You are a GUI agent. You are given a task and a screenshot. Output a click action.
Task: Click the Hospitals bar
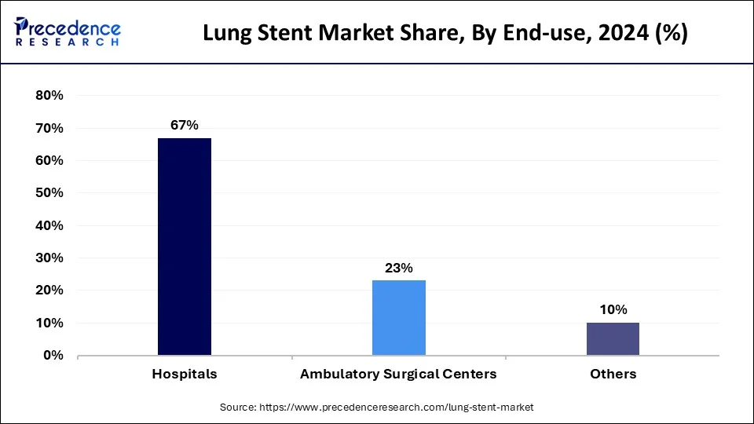point(185,247)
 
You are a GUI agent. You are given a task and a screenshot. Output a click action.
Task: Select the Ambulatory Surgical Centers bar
point(399,318)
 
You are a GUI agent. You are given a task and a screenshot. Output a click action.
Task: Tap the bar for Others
point(613,338)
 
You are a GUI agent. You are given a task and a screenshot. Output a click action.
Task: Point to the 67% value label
point(185,126)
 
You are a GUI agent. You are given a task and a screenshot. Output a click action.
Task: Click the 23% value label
point(399,268)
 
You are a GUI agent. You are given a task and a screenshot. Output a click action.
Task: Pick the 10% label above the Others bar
point(613,310)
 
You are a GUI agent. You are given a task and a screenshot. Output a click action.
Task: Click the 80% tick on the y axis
point(49,96)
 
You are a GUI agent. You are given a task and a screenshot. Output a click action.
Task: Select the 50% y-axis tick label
point(49,193)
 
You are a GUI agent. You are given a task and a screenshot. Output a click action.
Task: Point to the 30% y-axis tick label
point(49,258)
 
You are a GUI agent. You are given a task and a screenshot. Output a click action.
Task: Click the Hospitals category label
point(185,375)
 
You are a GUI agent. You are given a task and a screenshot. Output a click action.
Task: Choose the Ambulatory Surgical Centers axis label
point(398,375)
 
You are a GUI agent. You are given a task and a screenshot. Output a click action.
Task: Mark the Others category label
point(613,375)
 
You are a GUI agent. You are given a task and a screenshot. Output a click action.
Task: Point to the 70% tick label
point(49,128)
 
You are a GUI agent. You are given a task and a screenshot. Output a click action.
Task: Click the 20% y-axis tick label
point(49,291)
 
